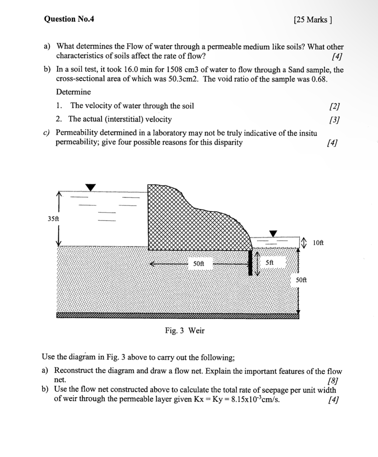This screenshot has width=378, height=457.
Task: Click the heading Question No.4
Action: [x=69, y=19]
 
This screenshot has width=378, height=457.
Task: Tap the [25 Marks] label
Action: [x=312, y=20]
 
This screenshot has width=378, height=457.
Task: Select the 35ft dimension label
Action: [x=53, y=219]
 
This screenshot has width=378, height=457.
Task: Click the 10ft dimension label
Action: [x=318, y=243]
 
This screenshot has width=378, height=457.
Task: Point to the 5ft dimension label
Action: [x=269, y=263]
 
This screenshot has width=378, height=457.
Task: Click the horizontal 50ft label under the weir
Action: [x=198, y=264]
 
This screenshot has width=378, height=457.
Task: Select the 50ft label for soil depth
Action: [x=301, y=280]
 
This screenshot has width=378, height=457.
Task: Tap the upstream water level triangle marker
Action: [x=90, y=187]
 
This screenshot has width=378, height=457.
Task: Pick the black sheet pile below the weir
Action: [x=251, y=263]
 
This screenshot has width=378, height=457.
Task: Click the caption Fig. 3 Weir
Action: [x=185, y=330]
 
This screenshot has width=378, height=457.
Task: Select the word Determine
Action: [x=73, y=92]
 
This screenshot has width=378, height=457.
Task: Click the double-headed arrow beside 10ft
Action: [x=304, y=243]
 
